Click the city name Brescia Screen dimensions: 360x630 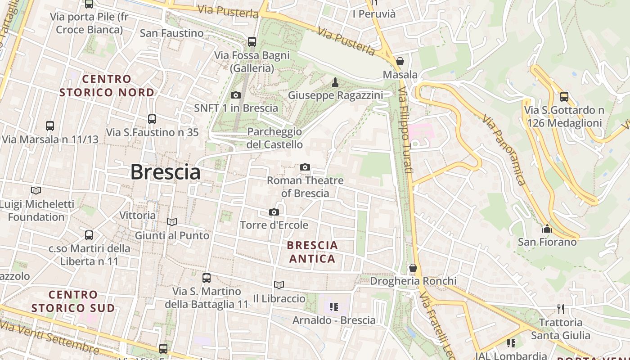(165, 172)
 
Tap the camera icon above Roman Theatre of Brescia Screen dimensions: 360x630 (305, 167)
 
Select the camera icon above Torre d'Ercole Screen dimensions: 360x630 (274, 212)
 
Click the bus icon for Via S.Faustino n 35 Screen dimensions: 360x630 (152, 119)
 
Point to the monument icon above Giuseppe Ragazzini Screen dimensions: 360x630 (335, 82)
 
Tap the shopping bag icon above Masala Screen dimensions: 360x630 (400, 61)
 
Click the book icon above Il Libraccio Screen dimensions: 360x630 (279, 285)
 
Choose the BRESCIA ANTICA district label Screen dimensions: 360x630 (313, 252)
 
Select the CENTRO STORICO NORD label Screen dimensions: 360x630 (107, 85)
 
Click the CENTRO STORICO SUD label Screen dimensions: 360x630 (73, 301)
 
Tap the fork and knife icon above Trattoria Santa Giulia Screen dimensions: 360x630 (560, 309)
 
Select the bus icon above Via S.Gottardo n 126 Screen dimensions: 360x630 (564, 97)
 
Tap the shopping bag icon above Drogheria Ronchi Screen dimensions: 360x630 (413, 268)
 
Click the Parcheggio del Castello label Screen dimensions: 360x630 (274, 138)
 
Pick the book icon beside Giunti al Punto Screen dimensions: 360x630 (171, 222)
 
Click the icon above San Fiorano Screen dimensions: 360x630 (547, 229)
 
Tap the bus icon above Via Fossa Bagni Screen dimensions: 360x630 (252, 42)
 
